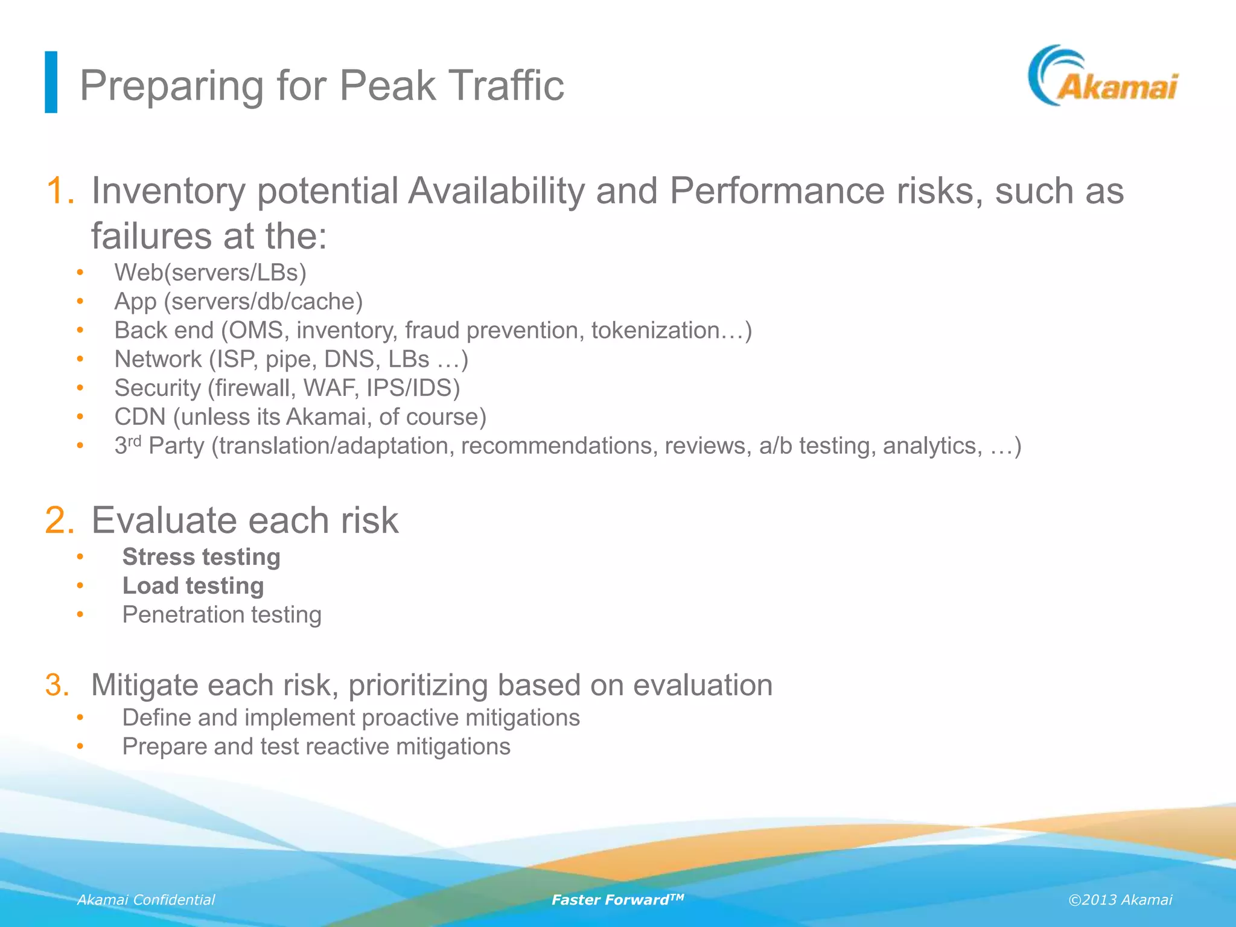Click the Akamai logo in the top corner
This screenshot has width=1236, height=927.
click(1103, 77)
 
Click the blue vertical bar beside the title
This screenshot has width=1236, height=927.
click(51, 82)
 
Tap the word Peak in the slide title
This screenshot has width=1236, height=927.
click(387, 86)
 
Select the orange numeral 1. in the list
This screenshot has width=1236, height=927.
click(60, 191)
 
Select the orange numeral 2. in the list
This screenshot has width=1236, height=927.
click(60, 520)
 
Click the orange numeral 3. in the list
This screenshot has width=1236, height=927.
click(57, 685)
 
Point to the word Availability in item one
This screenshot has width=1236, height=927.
click(496, 191)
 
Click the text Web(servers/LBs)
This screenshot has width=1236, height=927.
click(211, 273)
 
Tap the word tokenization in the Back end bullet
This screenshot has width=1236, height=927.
click(664, 331)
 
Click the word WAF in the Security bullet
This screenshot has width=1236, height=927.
click(330, 388)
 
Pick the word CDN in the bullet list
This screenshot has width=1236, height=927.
click(140, 417)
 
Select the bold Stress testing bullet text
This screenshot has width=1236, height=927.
click(201, 557)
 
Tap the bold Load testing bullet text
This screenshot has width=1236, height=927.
click(193, 586)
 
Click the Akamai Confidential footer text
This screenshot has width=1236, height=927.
click(146, 900)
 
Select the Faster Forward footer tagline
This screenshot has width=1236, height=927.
click(617, 900)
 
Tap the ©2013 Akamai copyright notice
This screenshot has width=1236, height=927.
click(1120, 900)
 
